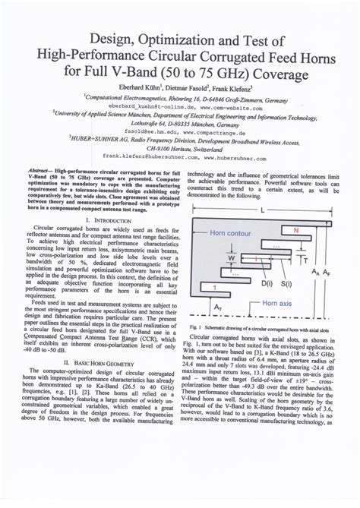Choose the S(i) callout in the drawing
tap(287, 283)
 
